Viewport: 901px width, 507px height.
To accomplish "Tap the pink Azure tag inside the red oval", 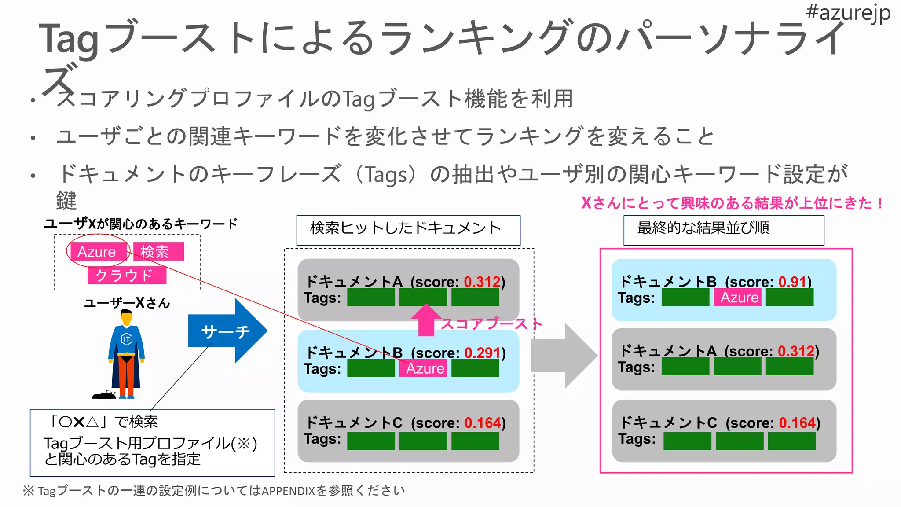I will pos(97,252).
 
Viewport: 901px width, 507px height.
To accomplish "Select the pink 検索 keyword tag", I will pos(157,252).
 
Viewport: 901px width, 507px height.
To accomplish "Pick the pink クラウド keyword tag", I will pos(126,276).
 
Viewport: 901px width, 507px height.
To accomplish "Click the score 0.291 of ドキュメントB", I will pos(482,353).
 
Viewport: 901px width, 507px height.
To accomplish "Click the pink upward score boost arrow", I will pos(426,320).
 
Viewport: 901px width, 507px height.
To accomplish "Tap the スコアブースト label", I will pos(491,323).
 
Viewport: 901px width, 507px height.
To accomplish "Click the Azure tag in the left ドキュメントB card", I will pos(424,368).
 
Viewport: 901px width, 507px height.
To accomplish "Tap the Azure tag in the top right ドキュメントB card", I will pos(739,298).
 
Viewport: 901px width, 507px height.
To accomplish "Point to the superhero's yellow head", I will pos(127,316).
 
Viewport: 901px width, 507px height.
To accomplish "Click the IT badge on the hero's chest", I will pos(127,339).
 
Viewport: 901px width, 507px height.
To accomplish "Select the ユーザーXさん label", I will pos(127,303).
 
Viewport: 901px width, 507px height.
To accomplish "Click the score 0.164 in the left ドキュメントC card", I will pos(483,423).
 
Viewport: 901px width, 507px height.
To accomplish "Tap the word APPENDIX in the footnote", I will pos(288,491).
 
